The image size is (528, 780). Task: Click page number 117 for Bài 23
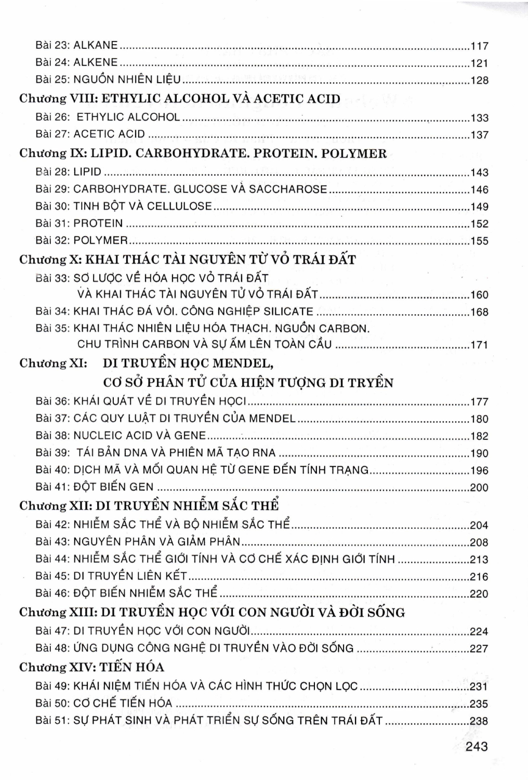tap(479, 46)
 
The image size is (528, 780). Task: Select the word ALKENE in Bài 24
tap(96, 62)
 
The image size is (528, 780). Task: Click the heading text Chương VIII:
tap(57, 98)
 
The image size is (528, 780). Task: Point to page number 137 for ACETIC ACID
tap(479, 135)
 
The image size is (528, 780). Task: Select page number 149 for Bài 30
tap(479, 207)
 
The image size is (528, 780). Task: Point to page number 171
tap(479, 345)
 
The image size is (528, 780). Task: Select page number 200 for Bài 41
tap(479, 488)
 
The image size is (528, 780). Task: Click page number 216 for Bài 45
tap(479, 577)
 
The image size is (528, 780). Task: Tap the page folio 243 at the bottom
tap(477, 747)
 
